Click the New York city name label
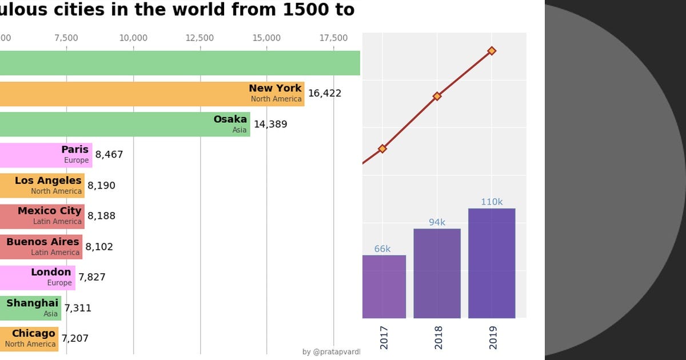coord(275,88)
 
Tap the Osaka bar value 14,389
coord(270,124)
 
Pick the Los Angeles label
coord(48,181)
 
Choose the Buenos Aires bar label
coord(43,242)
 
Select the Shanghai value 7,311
coord(78,308)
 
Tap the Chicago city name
coord(34,333)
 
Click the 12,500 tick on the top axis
coord(200,38)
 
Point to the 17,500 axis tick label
coord(333,38)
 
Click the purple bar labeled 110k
coord(492,263)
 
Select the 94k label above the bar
coord(437,222)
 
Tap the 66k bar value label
coord(382,249)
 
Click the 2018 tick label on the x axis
coord(438,337)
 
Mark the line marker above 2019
coord(492,51)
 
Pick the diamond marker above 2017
coord(382,149)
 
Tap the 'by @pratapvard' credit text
coord(331,352)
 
